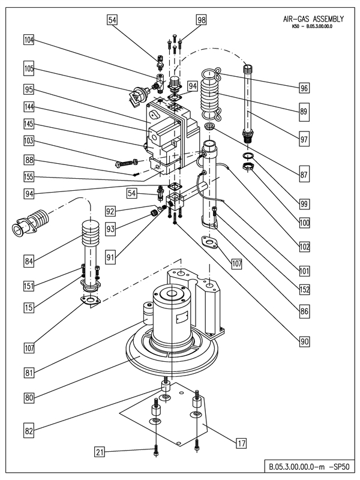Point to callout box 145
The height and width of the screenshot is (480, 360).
point(29,124)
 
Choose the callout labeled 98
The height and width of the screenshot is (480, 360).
point(201,20)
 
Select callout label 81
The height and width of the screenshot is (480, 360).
point(29,371)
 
